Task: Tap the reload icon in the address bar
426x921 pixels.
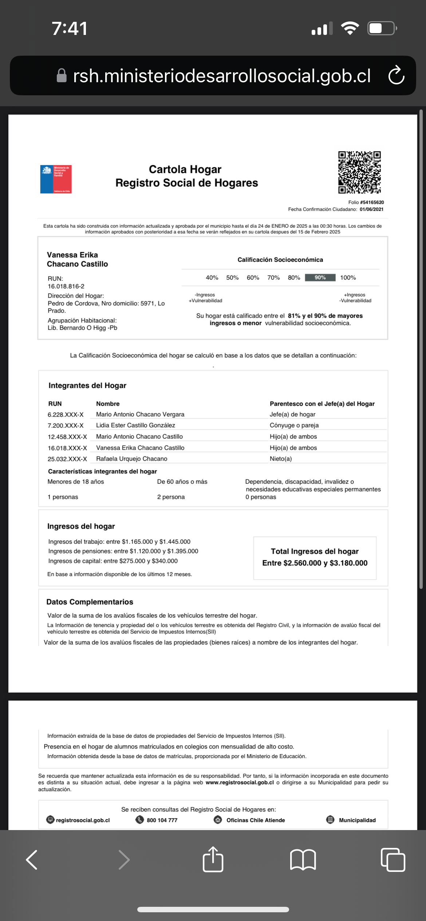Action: click(396, 75)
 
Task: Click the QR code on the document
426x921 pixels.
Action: click(359, 172)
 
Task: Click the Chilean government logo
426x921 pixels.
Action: click(56, 179)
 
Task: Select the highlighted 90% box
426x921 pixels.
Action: click(320, 278)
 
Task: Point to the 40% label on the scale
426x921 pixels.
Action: click(212, 278)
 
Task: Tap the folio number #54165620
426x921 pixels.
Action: click(372, 202)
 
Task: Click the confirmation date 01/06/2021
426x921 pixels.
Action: click(371, 209)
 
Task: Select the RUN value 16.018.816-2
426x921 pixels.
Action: click(66, 286)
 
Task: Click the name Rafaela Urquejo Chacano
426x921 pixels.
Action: click(131, 459)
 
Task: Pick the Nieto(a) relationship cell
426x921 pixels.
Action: click(280, 459)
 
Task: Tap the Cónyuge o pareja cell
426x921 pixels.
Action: click(294, 425)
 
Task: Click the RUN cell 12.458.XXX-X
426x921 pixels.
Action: click(67, 437)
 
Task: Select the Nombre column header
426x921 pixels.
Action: click(108, 404)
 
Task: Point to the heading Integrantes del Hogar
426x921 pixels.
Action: click(87, 386)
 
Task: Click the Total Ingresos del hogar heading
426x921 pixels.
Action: click(315, 551)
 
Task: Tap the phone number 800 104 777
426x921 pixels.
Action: click(162, 820)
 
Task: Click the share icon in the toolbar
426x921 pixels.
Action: click(213, 860)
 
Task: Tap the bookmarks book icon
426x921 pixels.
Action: click(303, 860)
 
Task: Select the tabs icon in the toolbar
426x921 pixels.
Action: click(393, 860)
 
